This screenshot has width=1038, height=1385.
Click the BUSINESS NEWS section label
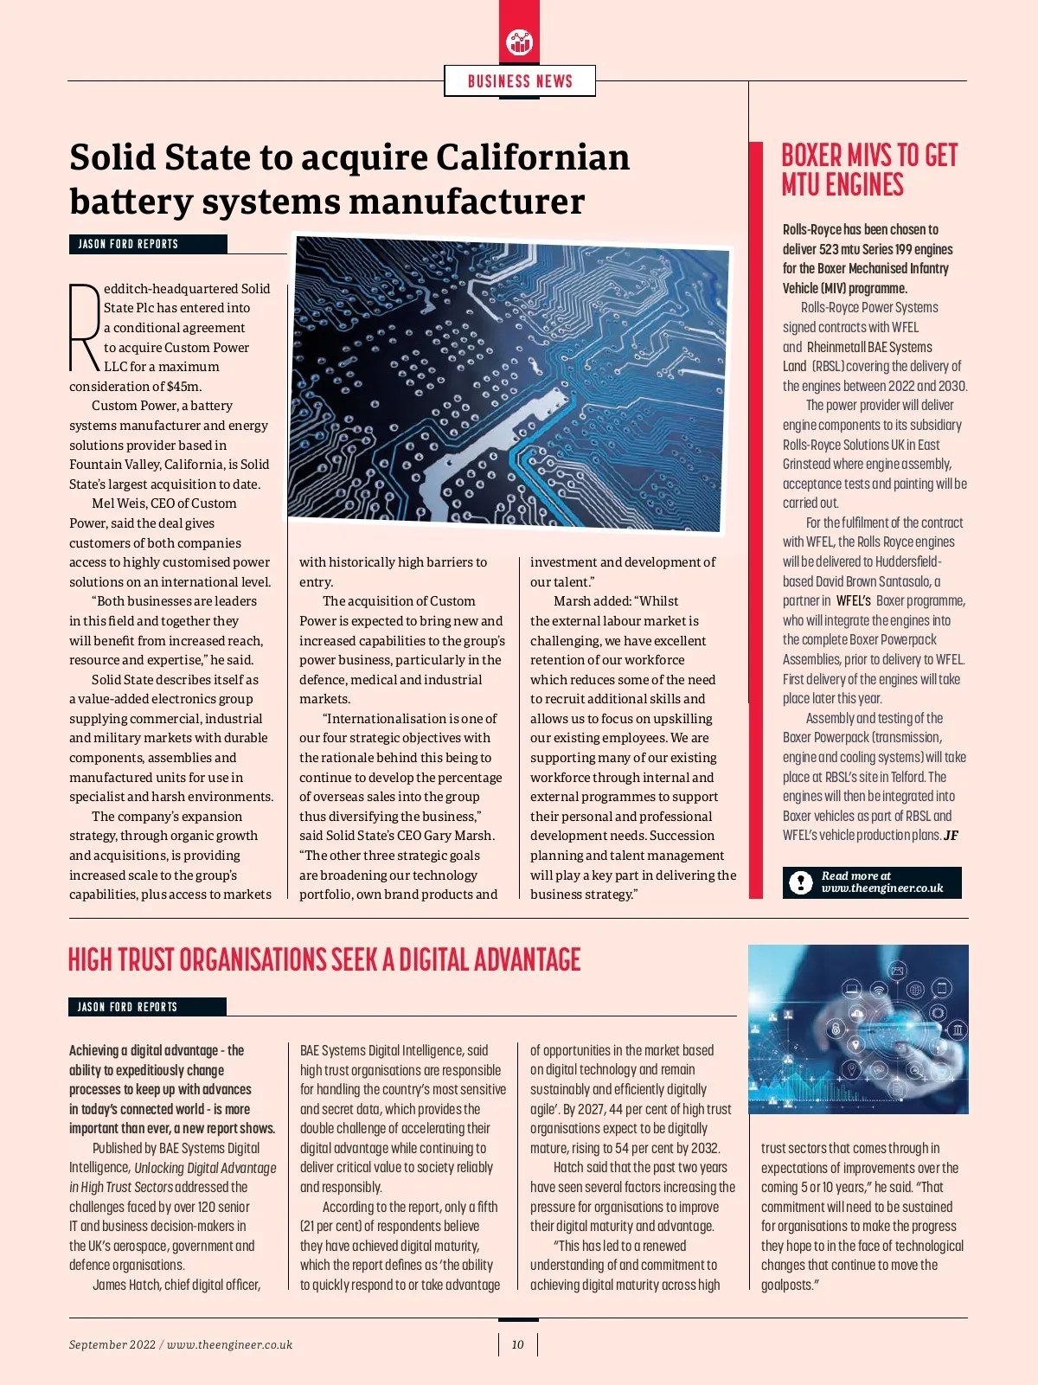520,81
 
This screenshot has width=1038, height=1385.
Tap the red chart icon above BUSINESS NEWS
519,41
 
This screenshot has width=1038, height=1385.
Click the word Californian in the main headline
533,157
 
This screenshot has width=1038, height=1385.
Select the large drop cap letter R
84,327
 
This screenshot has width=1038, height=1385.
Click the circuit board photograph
510,385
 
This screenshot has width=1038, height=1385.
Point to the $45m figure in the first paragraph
184,386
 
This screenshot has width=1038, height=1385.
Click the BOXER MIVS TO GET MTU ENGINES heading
868,170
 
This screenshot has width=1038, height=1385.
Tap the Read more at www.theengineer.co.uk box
871,882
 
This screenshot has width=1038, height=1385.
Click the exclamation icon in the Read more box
801,882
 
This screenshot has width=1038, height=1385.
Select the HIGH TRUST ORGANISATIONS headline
324,960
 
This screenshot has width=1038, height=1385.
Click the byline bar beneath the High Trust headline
147,1007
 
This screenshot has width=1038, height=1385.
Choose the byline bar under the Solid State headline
148,244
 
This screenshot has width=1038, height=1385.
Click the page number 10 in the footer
517,1344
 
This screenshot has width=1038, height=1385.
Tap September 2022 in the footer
112,1344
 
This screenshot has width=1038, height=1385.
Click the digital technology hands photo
857,1029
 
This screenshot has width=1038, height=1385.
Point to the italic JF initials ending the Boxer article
951,836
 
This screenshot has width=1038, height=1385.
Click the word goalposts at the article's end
787,1285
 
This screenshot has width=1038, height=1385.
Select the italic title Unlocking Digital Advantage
205,1168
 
